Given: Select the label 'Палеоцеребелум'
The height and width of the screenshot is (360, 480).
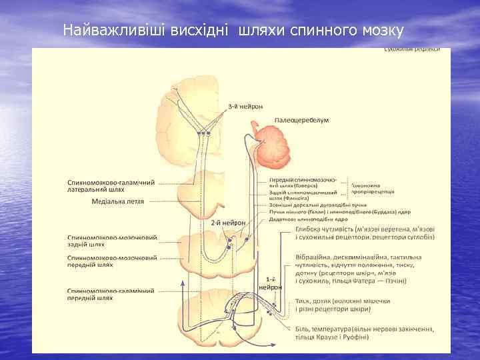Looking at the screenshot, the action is (x=299, y=122).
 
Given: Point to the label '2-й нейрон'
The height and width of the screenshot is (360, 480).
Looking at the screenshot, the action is (x=229, y=223).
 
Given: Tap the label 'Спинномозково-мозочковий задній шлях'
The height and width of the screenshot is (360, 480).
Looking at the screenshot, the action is (x=112, y=240).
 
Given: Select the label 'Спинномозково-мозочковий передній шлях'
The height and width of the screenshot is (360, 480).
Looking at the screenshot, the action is (x=112, y=261).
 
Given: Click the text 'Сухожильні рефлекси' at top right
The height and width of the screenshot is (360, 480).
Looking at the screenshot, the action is (x=411, y=51).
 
